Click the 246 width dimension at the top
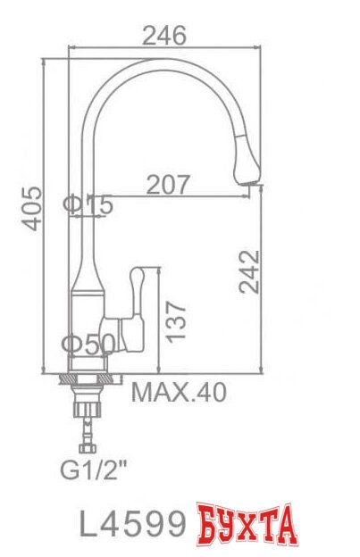coord(164,36)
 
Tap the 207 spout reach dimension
coord(169,185)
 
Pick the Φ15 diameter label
coord(89,205)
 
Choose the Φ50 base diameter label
coord(88,344)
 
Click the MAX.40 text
coord(180,392)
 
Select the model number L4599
coord(133,522)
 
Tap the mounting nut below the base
coord(88,380)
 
